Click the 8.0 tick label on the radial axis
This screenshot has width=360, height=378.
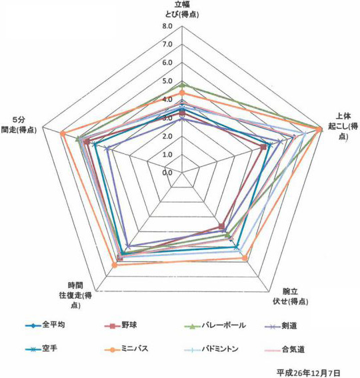(167, 26)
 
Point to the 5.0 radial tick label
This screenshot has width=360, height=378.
(167, 81)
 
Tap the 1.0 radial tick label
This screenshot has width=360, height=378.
(167, 154)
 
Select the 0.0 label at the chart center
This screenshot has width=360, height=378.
(167, 173)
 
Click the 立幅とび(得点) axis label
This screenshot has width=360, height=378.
(182, 9)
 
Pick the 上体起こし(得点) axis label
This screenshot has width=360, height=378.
(343, 126)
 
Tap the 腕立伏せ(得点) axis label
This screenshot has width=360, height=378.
(290, 296)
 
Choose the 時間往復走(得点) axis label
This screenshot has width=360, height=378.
(75, 295)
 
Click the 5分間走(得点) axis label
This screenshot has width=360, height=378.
(19, 125)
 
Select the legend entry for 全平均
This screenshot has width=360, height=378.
(45, 325)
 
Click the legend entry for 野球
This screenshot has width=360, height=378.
(121, 326)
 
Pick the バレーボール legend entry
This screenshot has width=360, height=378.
(215, 326)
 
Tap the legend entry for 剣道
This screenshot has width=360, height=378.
(281, 326)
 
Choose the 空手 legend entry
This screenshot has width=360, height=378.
(41, 349)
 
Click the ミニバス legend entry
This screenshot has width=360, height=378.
(127, 349)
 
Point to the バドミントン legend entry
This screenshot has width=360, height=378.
(211, 349)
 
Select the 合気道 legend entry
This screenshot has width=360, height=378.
(285, 349)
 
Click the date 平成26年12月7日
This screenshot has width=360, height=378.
(308, 373)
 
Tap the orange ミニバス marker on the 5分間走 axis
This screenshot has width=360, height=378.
(63, 134)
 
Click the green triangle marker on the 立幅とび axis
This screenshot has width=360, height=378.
(183, 85)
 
